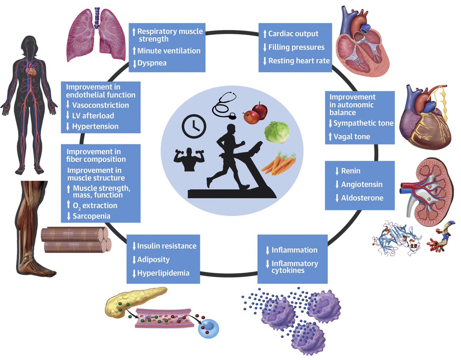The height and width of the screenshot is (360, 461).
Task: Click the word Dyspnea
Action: pyautogui.click(x=152, y=63)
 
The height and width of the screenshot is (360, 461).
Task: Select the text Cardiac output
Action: pyautogui.click(x=293, y=34)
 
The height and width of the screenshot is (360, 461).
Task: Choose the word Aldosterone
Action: pyautogui.click(x=362, y=198)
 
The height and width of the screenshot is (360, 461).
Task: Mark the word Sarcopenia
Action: pyautogui.click(x=91, y=216)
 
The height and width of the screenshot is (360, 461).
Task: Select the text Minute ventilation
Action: pyautogui.click(x=169, y=51)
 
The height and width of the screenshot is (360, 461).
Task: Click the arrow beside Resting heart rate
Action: pyautogui.click(x=264, y=61)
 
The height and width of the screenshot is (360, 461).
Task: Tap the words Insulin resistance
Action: pyautogui.click(x=167, y=246)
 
